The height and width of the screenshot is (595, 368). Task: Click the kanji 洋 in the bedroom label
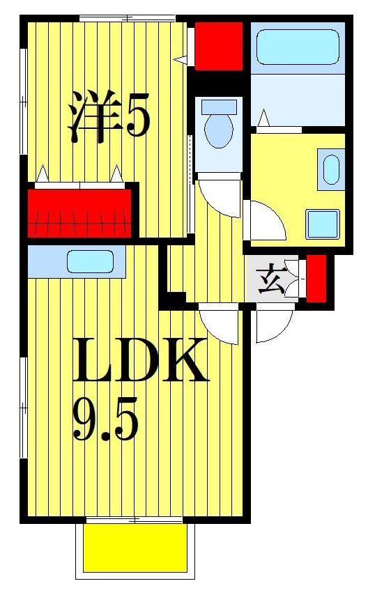point(91,116)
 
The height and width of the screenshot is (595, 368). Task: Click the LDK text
point(140,360)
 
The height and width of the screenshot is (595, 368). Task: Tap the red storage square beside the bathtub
point(218,46)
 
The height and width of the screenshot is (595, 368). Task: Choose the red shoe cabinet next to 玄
point(316,279)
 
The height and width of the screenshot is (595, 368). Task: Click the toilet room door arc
point(219,197)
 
